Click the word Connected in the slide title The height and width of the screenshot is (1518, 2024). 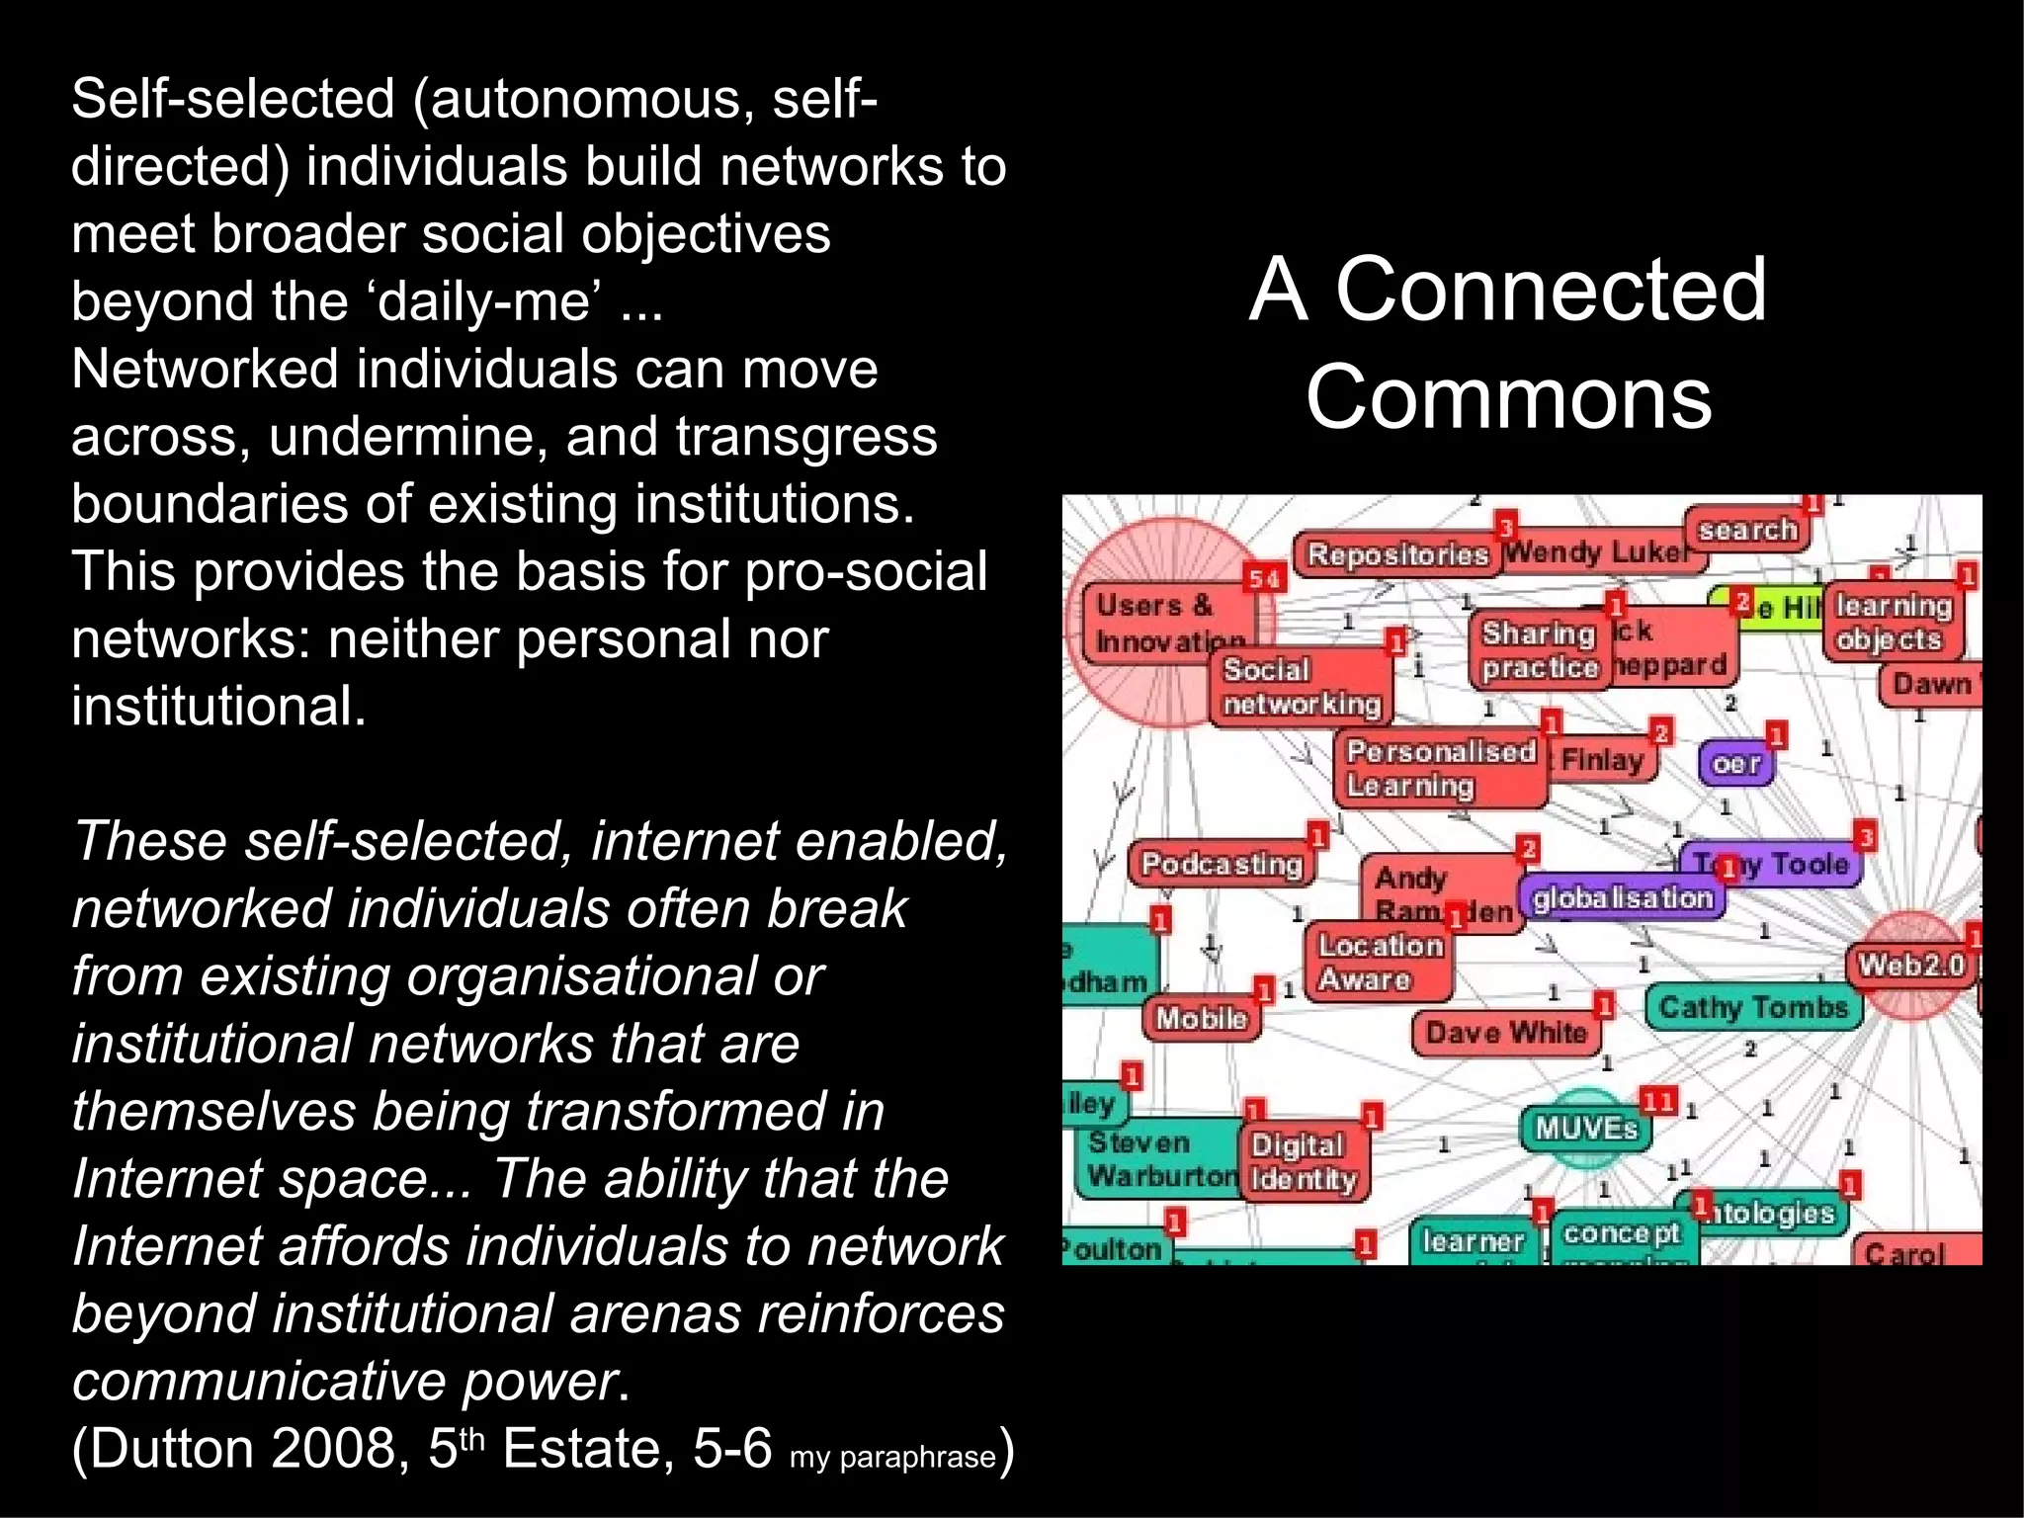coord(1551,289)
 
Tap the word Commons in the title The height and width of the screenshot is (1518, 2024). coord(1508,397)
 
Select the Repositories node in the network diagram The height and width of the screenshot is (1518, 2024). coord(1396,553)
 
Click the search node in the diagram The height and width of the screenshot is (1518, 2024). coord(1746,530)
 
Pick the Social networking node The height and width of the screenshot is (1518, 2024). coord(1301,686)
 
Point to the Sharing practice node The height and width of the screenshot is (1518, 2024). coord(1539,649)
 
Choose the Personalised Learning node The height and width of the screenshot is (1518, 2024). coord(1439,768)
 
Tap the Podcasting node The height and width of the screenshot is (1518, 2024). coord(1222,864)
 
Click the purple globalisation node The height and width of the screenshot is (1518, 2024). coord(1622,897)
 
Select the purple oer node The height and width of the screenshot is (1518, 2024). coord(1735,763)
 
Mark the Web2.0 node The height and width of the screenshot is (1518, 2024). coord(1910,964)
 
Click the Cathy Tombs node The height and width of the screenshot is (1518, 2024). coord(1752,1007)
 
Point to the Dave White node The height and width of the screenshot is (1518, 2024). coord(1505,1033)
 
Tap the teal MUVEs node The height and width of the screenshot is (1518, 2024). coord(1585,1128)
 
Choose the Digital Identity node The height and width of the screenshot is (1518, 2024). coord(1303,1162)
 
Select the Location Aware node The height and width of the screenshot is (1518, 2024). coord(1380,962)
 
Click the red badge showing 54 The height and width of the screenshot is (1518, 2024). coord(1264,579)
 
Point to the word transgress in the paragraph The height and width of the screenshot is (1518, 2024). coord(805,436)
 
